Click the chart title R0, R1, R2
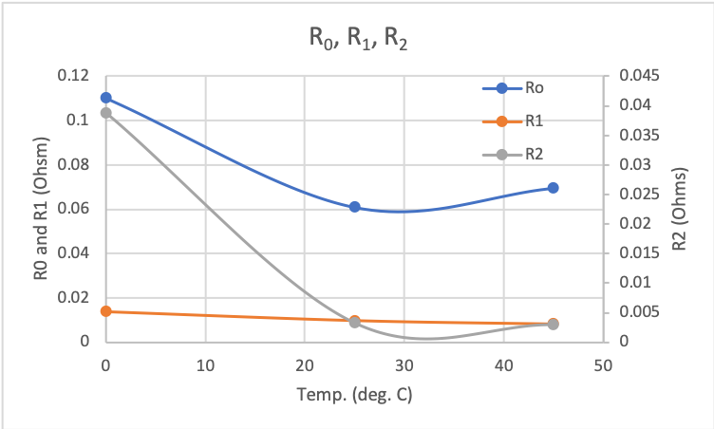(357, 41)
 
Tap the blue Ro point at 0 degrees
(106, 98)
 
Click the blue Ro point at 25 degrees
(354, 207)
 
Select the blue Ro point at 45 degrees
(553, 188)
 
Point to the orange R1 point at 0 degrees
(106, 311)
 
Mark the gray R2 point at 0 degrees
(106, 113)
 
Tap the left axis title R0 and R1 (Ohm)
(41, 209)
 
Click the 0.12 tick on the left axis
(73, 76)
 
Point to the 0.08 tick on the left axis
(73, 165)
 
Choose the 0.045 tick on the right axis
(635, 76)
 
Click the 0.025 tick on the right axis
(635, 195)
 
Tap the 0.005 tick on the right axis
(635, 312)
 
